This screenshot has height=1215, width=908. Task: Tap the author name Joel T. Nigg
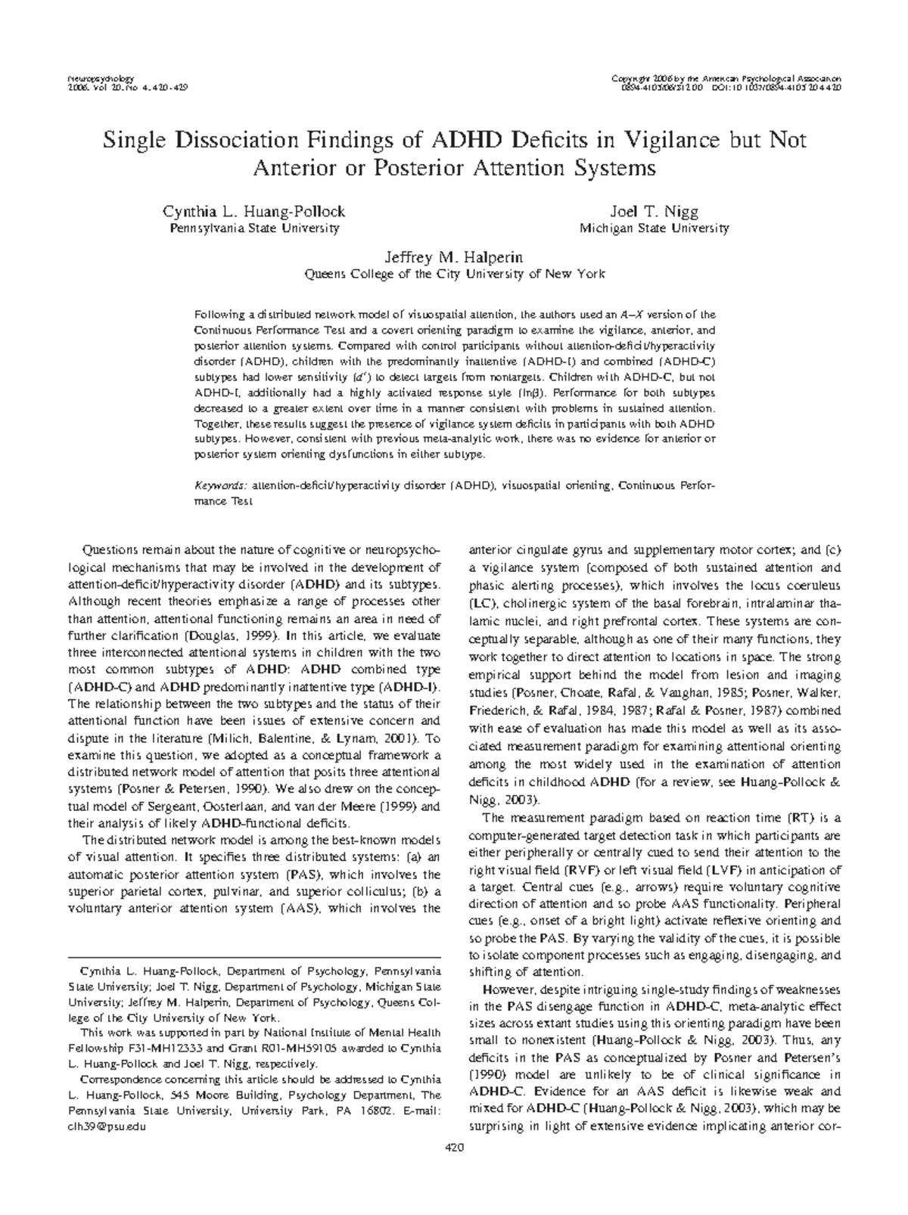click(654, 213)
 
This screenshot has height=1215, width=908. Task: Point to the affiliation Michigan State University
click(654, 228)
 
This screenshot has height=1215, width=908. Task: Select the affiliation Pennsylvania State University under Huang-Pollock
click(253, 228)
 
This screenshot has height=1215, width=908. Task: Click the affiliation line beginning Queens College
click(453, 275)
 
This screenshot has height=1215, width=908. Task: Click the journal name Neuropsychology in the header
click(101, 79)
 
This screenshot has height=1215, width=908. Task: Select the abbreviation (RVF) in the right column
click(586, 870)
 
